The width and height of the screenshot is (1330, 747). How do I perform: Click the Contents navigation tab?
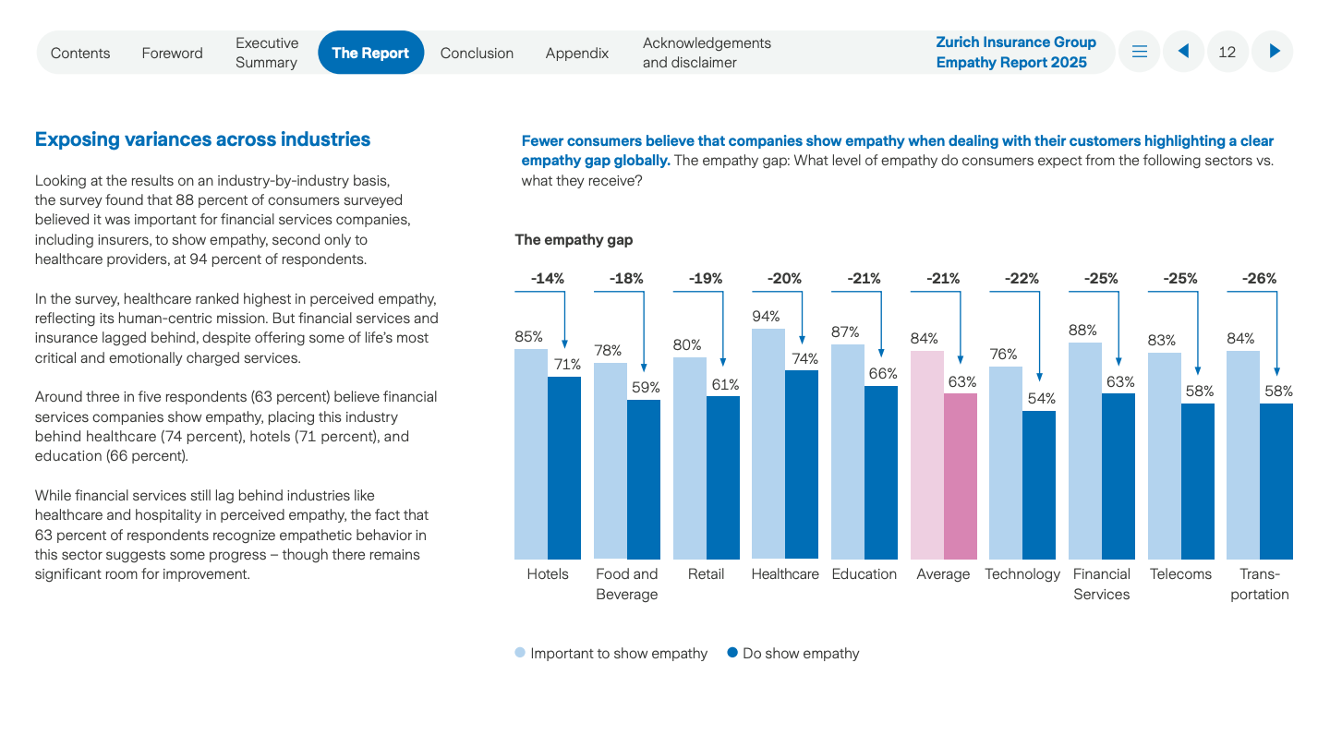coord(80,53)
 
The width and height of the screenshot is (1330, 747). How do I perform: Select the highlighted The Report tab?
coord(370,53)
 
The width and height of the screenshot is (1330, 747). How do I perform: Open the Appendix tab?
coord(576,53)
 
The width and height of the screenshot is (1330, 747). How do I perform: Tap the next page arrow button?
coord(1274,52)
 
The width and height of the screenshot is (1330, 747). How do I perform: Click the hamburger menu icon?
coord(1140,52)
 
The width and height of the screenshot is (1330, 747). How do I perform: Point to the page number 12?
coord(1227,52)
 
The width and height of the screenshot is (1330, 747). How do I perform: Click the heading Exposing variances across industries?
coord(202,139)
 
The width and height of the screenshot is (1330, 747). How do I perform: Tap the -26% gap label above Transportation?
coord(1259,278)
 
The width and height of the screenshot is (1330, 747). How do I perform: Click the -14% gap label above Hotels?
coord(547,278)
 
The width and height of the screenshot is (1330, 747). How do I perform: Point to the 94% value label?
coord(767,317)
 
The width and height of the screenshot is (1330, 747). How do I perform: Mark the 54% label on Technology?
coord(1040,398)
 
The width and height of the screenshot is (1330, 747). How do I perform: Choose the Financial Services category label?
coord(1101,584)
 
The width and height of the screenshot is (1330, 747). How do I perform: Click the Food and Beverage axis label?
coord(626,584)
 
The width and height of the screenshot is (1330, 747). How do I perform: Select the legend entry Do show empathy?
coord(800,654)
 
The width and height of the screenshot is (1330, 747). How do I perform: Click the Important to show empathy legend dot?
coord(520,653)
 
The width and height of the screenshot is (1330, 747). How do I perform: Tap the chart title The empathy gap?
coord(574,240)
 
